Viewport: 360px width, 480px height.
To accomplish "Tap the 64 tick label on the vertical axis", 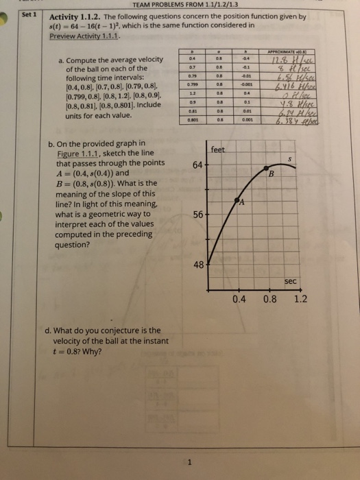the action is pyautogui.click(x=196, y=165).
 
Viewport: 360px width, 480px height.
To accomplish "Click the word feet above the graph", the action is pyautogui.click(x=219, y=149).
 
